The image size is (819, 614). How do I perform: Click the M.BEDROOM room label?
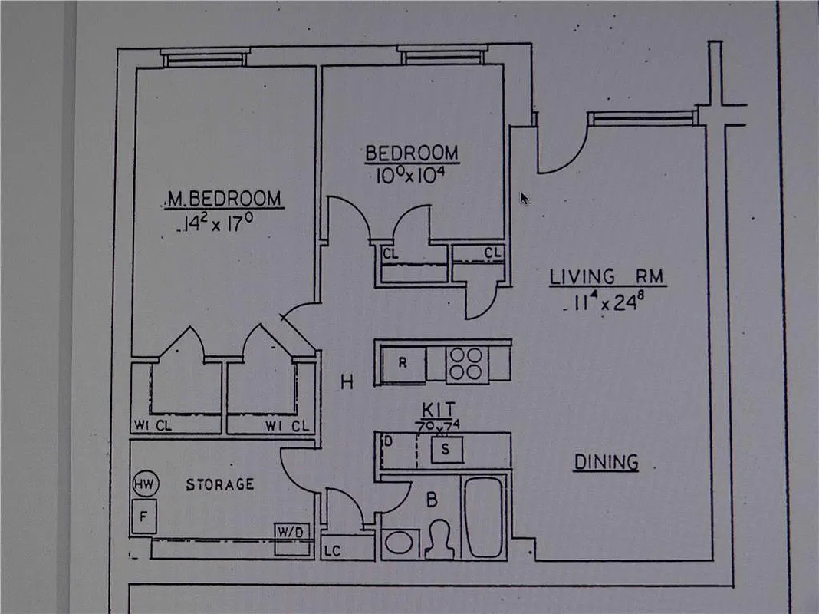224,199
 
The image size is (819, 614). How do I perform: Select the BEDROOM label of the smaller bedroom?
412,153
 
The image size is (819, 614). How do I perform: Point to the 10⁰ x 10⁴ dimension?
411,175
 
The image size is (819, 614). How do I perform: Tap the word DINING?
607,462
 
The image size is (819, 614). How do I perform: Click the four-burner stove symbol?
465,363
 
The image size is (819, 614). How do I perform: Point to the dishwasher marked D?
389,441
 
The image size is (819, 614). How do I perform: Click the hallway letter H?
347,381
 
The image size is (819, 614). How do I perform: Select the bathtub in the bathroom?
483,517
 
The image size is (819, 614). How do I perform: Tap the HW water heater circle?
143,484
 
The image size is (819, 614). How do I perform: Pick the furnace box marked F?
143,517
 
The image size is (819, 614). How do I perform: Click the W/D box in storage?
292,532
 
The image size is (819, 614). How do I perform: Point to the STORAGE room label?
220,484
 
